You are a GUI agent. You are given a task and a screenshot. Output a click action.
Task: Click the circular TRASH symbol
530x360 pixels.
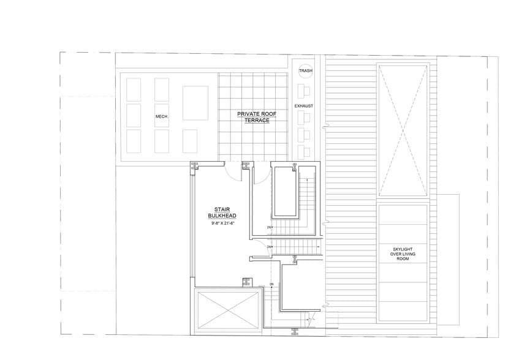click(306, 72)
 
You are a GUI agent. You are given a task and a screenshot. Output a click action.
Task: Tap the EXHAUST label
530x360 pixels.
click(304, 106)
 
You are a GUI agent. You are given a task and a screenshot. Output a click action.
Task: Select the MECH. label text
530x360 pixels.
click(162, 116)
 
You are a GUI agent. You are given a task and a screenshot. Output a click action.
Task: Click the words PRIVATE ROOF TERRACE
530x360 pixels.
click(253, 116)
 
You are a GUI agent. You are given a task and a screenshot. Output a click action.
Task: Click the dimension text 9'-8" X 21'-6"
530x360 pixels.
click(222, 223)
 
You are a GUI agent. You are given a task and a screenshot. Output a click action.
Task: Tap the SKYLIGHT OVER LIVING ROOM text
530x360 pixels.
click(401, 254)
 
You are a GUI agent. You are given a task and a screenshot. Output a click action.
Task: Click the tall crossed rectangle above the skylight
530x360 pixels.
click(401, 129)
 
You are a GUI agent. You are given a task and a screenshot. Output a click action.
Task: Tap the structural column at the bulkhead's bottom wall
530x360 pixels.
click(247, 282)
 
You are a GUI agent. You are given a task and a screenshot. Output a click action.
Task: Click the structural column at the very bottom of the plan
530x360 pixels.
click(295, 332)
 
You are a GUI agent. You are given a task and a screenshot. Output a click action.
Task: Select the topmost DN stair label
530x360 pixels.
click(269, 227)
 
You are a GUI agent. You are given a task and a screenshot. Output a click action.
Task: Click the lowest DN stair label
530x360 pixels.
click(270, 285)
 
